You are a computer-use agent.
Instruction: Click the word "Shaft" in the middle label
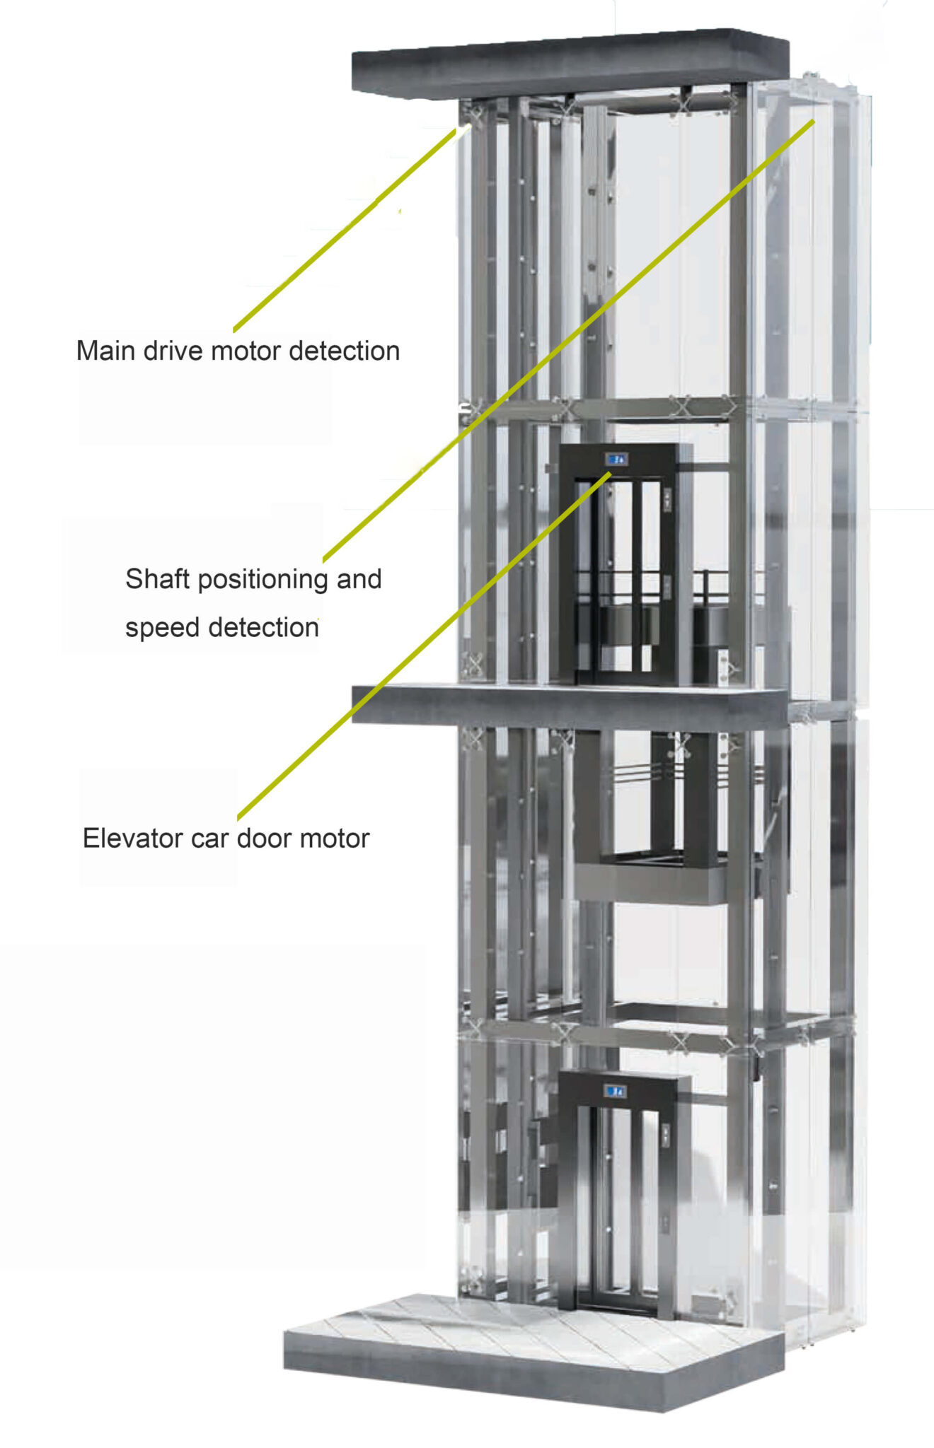157,579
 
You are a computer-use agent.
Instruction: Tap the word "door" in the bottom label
265,839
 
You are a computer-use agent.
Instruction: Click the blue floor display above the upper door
617,459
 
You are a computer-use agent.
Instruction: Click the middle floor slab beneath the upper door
566,707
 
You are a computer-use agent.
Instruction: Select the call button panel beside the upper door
667,499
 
